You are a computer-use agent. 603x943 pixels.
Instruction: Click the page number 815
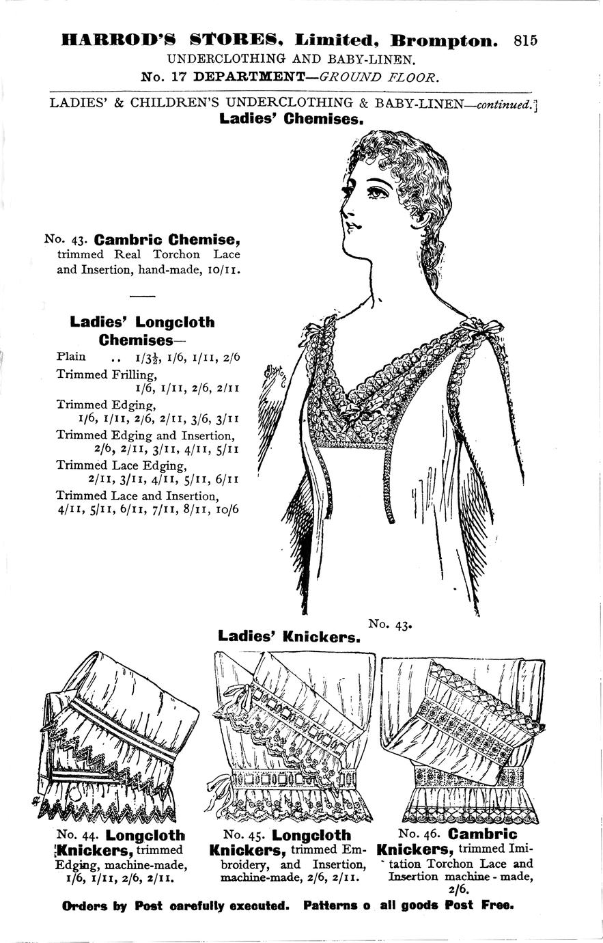[x=525, y=41]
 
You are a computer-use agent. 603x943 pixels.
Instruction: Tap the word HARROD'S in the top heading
[x=117, y=41]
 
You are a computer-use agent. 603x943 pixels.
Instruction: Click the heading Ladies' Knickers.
[x=289, y=637]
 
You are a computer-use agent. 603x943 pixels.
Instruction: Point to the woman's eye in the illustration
[x=375, y=193]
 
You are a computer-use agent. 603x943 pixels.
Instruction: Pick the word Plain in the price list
[x=71, y=356]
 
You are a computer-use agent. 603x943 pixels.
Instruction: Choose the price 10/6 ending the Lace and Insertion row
[x=225, y=509]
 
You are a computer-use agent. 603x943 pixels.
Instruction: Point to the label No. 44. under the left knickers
[x=79, y=835]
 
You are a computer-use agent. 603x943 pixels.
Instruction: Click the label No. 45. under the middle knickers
[x=244, y=835]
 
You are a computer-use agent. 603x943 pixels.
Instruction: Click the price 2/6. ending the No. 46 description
[x=458, y=890]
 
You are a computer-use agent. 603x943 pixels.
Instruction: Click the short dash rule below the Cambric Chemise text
[x=142, y=295]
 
